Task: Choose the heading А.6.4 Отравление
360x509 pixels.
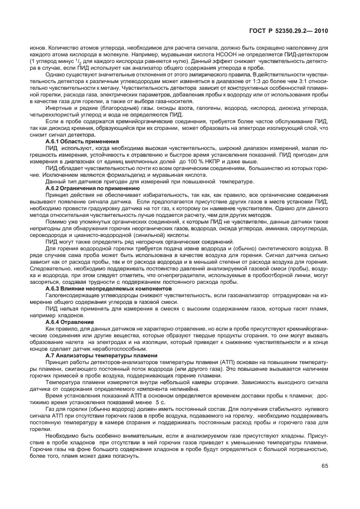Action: [66, 323]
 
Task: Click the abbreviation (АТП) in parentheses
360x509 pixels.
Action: [202, 362]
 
